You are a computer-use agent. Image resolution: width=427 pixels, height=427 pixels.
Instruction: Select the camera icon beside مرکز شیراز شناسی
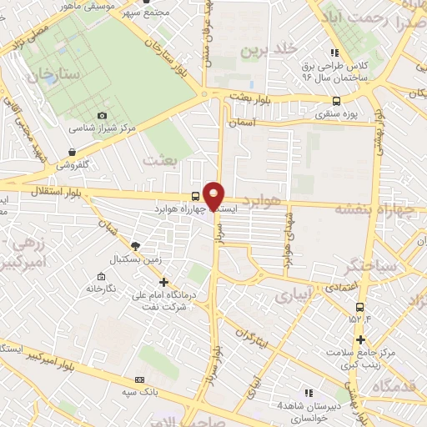[102, 115]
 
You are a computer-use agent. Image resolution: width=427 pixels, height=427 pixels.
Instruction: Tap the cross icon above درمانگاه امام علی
[163, 282]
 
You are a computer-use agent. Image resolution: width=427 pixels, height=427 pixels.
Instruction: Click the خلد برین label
[268, 50]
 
